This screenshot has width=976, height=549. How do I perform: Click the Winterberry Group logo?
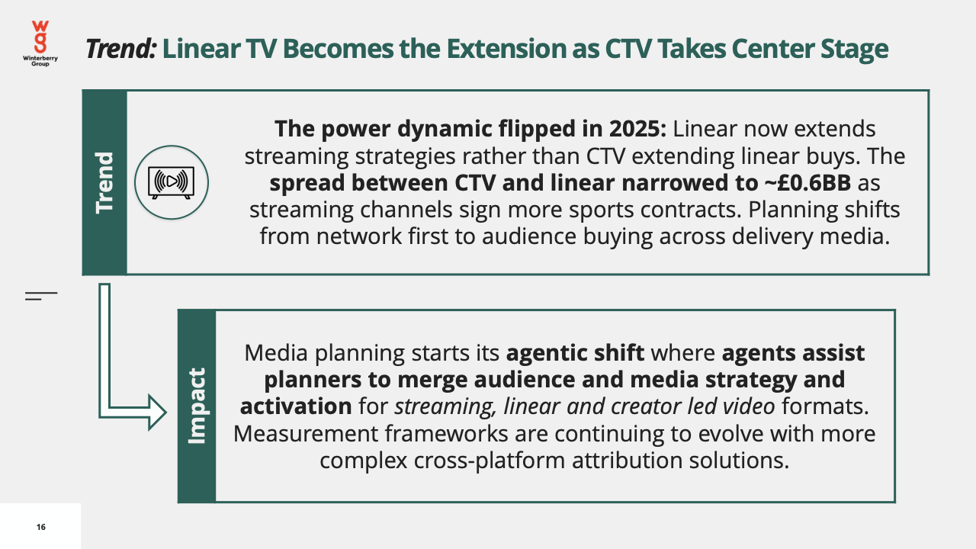40,43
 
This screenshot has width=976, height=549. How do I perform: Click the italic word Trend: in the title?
120,48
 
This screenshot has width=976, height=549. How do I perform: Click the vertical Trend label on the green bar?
104,183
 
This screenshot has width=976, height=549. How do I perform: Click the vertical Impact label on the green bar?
196,406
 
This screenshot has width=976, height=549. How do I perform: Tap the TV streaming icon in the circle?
172,182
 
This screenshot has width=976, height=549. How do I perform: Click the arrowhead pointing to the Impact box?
157,413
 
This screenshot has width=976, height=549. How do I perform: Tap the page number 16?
41,527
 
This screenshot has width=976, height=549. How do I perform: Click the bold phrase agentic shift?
575,353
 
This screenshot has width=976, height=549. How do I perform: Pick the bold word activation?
296,406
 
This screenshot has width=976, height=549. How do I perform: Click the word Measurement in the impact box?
305,434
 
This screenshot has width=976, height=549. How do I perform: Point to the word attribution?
627,461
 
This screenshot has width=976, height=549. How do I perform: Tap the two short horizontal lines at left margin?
41,296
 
